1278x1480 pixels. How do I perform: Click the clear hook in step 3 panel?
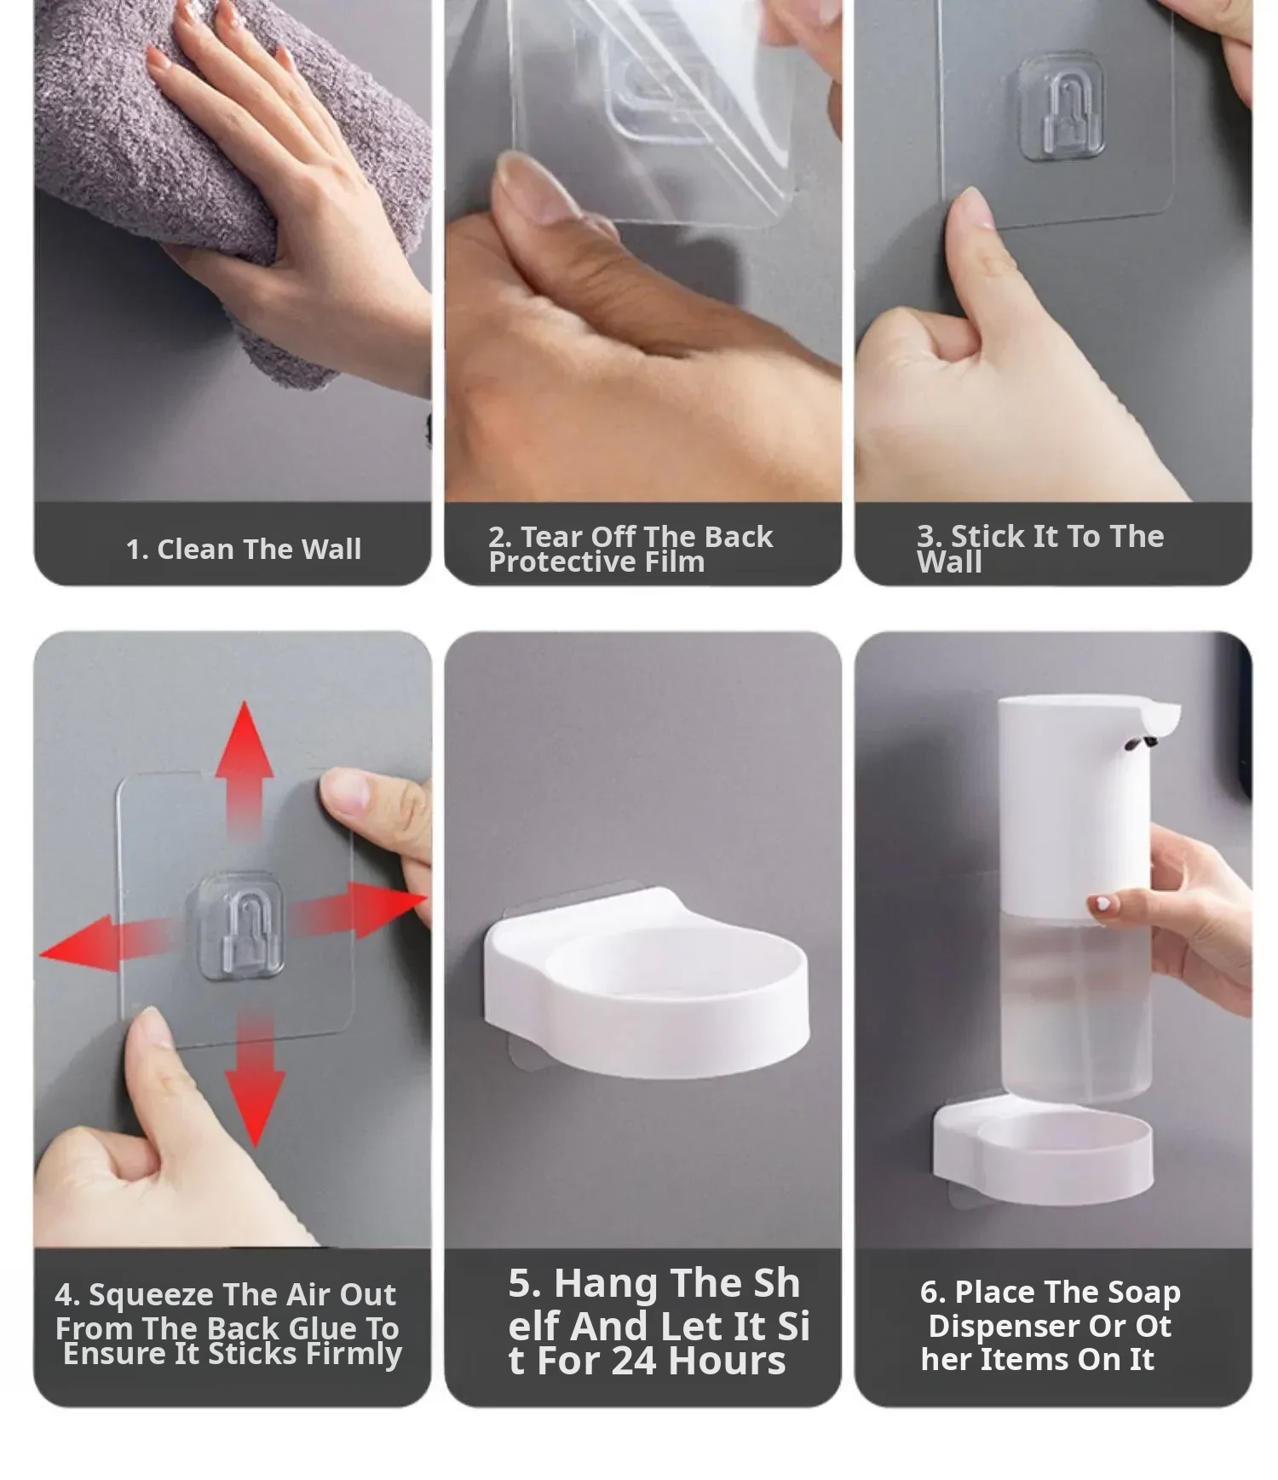1062,106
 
